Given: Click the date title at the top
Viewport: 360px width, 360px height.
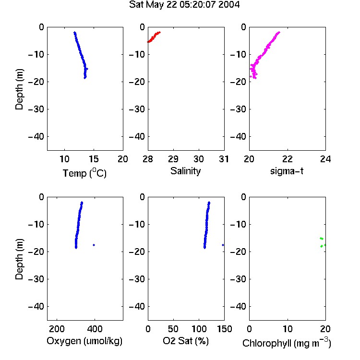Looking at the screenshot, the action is tap(184, 5).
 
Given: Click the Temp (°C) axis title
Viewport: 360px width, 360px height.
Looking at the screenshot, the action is tap(84, 173).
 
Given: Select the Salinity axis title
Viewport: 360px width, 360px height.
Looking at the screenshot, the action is tap(185, 171).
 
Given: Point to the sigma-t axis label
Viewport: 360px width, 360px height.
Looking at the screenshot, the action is tap(287, 171).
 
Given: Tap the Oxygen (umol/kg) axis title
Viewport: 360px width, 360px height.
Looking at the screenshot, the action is tap(84, 341).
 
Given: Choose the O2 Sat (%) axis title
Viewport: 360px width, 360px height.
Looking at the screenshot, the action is tap(186, 341).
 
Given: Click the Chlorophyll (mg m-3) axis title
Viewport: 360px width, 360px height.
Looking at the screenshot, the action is tap(287, 343).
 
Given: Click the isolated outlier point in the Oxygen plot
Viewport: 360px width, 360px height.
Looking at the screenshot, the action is tap(94, 245).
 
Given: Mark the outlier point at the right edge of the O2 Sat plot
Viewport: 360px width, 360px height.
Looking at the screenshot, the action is tap(223, 245).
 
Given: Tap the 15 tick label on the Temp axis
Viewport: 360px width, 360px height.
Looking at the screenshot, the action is tap(94, 159).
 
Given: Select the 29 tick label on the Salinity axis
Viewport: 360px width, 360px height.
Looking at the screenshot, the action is tap(173, 159).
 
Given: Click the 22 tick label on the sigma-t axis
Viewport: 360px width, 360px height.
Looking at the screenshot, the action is tap(288, 159).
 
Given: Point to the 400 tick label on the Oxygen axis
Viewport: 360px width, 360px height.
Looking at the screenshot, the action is tap(95, 329).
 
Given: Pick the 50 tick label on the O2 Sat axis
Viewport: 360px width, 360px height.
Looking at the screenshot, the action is tap(173, 329).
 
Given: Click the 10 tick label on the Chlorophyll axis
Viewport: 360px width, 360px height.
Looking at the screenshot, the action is tap(288, 329).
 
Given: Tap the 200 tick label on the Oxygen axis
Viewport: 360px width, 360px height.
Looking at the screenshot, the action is tap(57, 329).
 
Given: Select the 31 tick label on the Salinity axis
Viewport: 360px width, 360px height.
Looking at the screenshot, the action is tap(224, 159).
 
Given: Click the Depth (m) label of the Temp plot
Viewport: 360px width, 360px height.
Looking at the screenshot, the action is tap(19, 89).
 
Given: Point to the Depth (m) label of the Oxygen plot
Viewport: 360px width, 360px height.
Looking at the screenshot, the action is tap(19, 259).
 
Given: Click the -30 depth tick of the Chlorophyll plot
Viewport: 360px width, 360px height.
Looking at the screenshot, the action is tap(238, 279).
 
